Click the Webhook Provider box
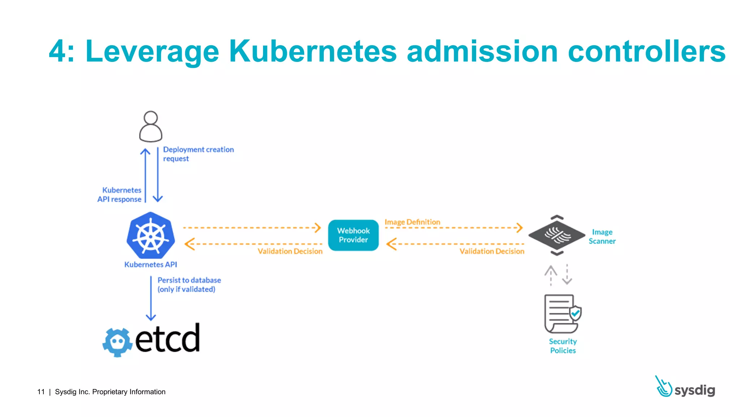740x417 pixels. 353,235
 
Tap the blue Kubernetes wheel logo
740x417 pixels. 151,236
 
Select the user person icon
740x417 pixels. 151,126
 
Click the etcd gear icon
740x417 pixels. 117,342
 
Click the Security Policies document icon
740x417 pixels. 562,313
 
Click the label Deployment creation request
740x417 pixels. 198,154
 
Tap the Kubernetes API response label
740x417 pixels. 119,195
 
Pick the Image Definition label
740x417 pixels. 412,222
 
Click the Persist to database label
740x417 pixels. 189,285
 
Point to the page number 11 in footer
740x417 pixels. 41,392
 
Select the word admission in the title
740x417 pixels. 482,51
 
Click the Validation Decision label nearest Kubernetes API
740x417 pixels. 290,251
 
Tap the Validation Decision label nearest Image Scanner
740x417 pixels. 492,251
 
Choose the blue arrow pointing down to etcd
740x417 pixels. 151,299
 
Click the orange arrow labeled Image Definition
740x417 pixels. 453,228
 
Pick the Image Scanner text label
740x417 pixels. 602,236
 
